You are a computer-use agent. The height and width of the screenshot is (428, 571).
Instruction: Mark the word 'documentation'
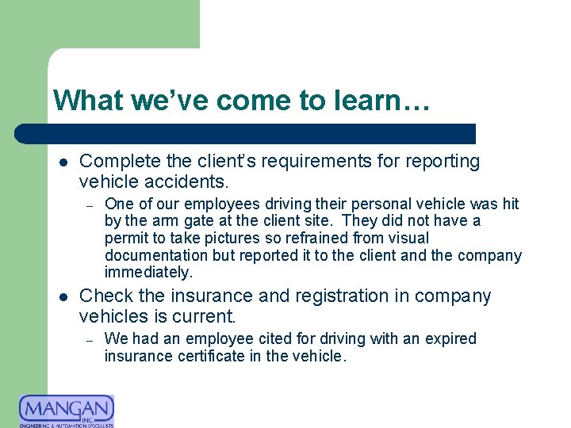tap(154, 255)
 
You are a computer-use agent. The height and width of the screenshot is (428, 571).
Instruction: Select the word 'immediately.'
tap(148, 273)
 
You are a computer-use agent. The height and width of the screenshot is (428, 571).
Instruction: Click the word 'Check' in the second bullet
tap(105, 296)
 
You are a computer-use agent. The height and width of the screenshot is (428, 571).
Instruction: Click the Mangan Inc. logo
tap(67, 411)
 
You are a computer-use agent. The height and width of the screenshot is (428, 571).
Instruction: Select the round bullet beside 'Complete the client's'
tap(63, 162)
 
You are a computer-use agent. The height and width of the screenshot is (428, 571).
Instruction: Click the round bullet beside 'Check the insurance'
tap(63, 297)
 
